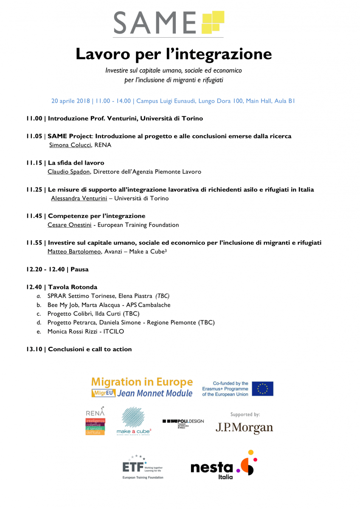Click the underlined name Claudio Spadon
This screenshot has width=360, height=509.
coord(68,172)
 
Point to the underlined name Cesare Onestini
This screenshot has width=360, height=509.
coord(69,225)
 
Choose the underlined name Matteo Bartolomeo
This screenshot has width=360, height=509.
coord(75,251)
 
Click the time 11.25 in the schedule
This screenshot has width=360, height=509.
coord(34,190)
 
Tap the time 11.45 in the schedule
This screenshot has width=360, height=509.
coord(34,216)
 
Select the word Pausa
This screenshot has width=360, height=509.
coord(79,269)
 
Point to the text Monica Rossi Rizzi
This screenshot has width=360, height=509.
coord(73,331)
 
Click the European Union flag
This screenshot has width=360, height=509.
coord(263,389)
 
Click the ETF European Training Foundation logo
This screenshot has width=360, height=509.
coord(142,467)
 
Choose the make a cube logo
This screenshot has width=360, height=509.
coord(133,421)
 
